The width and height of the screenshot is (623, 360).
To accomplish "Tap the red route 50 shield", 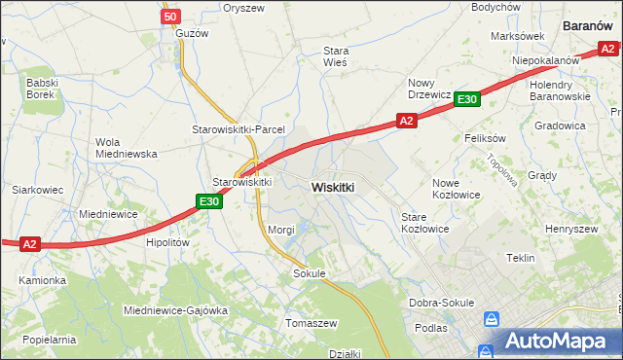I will [171, 17].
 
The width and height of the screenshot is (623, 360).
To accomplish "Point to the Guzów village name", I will [192, 32].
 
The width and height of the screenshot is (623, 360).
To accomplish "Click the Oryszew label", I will [243, 8].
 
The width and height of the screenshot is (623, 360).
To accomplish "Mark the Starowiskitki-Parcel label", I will [237, 129].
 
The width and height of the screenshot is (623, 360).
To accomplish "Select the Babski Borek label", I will [43, 89].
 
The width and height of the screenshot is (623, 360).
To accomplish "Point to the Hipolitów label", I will [165, 243].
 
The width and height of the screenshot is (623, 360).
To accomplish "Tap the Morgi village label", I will [281, 230].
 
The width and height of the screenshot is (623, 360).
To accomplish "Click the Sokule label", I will [309, 274].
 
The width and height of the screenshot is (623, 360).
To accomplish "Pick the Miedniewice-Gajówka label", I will [175, 310].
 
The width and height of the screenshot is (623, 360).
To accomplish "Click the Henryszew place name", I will [571, 229].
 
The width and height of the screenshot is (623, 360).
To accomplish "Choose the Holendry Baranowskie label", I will [560, 90].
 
